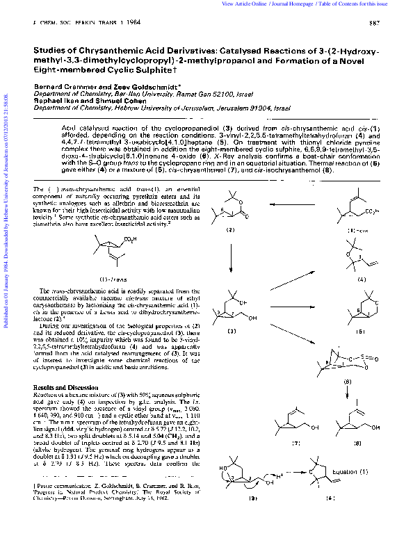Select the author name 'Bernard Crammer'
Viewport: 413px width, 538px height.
pos(62,85)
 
